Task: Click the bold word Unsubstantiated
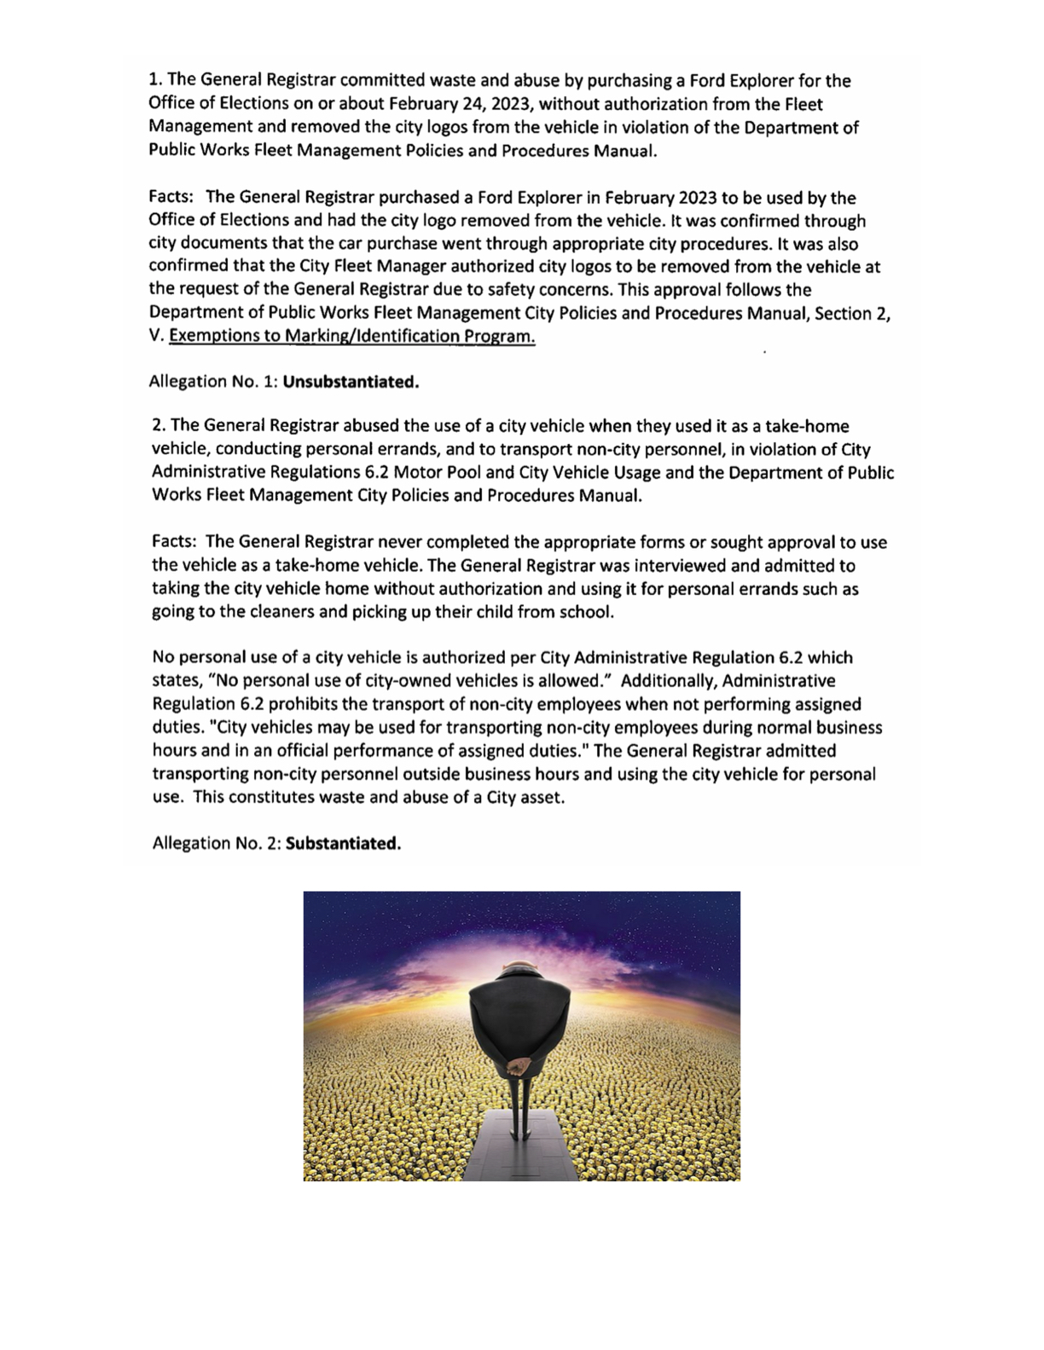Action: pos(351,382)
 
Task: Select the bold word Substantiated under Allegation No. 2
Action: pos(343,844)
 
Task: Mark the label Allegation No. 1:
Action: pos(213,382)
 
